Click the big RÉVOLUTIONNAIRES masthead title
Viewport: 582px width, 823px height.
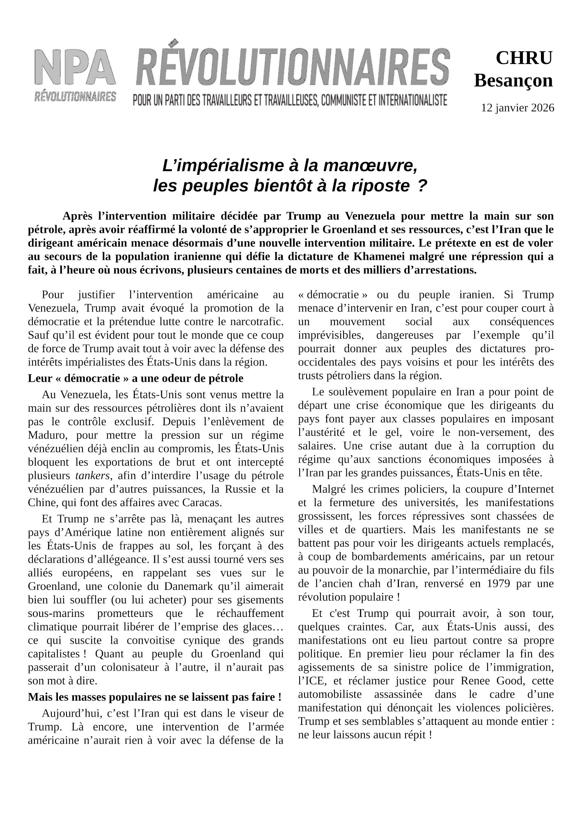pos(293,66)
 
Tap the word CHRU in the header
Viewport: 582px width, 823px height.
pos(524,58)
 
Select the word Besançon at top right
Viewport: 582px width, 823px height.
pos(513,81)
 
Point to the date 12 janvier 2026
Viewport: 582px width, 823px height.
pos(518,108)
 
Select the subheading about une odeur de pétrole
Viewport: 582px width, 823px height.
pos(135,378)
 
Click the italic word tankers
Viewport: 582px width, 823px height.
pos(92,476)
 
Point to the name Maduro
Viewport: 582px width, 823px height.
pos(44,435)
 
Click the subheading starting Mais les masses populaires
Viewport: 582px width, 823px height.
pos(154,697)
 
